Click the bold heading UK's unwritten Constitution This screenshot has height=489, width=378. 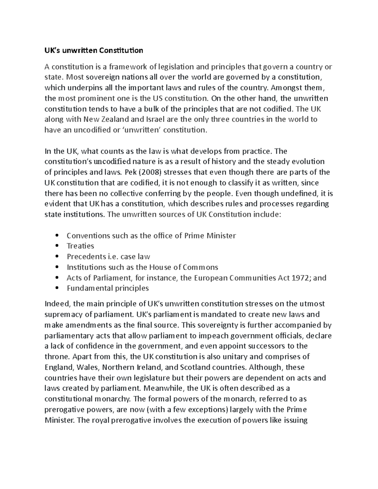94,50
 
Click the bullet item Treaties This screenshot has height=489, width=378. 80,246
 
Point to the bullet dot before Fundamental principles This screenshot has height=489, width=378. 57,288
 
